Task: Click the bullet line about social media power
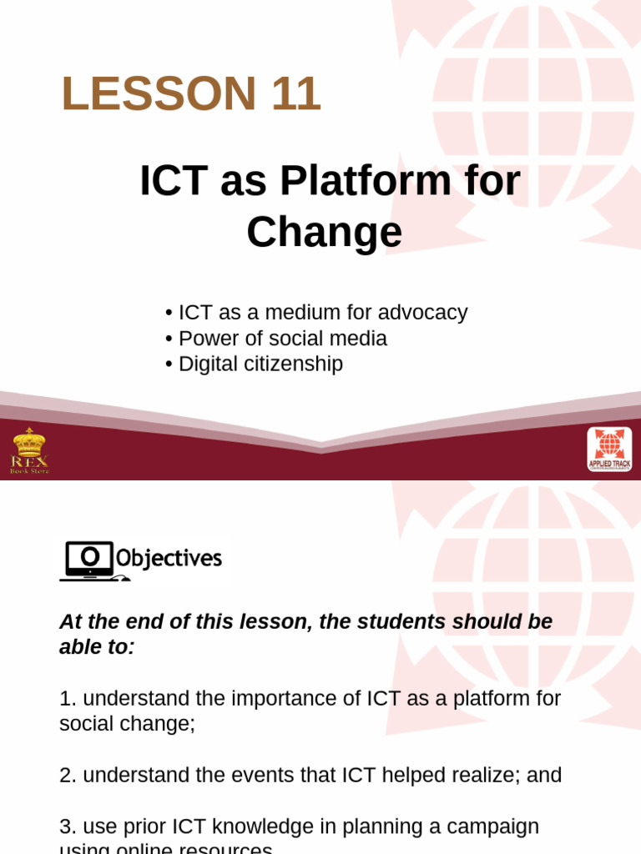276,339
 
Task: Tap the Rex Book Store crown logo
29,450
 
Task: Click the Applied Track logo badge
609,449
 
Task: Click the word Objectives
169,558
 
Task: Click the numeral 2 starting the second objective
65,776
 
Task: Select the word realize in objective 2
486,776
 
